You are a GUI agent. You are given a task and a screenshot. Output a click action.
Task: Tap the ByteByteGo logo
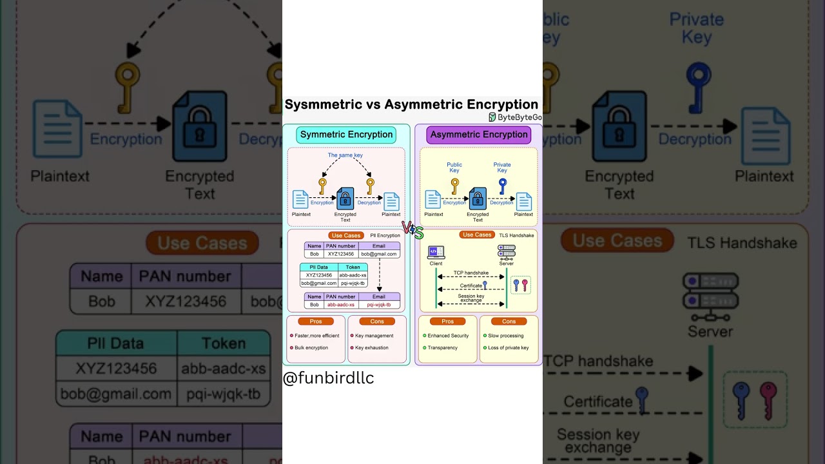(x=515, y=117)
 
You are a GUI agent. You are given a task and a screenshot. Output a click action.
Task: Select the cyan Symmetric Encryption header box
(x=346, y=135)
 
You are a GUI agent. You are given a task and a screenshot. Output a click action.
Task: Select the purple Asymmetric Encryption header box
(x=479, y=135)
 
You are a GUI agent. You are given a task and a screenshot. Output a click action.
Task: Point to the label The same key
(x=345, y=155)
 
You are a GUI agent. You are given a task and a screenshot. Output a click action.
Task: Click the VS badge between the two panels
(x=412, y=229)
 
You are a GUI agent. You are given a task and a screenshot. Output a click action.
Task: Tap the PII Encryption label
(x=385, y=236)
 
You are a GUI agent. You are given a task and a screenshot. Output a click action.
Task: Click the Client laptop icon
(x=436, y=251)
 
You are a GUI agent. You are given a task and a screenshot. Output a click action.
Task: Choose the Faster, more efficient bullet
(x=316, y=336)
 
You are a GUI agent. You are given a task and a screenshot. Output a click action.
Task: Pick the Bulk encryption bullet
(x=311, y=348)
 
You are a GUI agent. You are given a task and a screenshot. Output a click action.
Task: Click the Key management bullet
(x=374, y=336)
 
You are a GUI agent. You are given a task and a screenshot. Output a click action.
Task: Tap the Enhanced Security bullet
(x=447, y=336)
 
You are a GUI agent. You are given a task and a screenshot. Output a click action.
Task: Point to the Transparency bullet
(x=442, y=348)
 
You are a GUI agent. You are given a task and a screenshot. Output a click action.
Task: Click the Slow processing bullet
(x=505, y=336)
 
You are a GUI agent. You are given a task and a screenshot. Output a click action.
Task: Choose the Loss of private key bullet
(x=508, y=348)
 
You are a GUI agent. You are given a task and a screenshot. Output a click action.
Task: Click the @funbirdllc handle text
(x=329, y=378)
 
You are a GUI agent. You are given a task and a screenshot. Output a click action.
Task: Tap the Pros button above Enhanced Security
(x=448, y=322)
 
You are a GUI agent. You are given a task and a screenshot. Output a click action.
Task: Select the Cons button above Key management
(x=377, y=322)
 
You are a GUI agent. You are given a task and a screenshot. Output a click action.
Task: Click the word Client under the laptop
(x=436, y=264)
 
